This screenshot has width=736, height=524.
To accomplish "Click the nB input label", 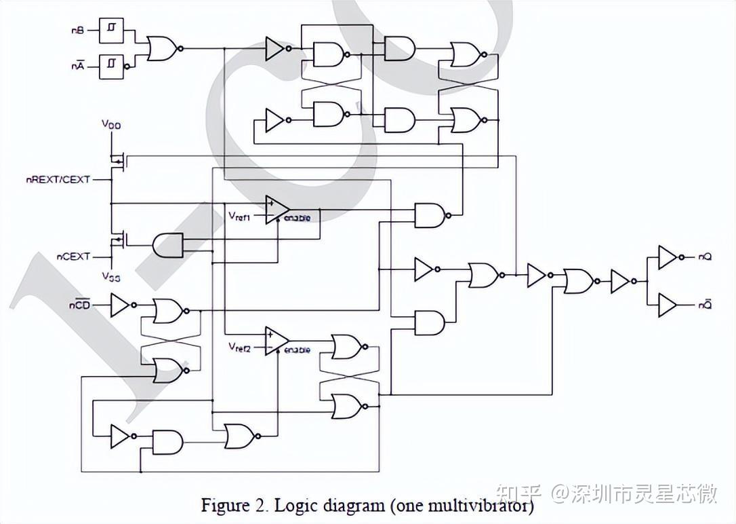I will click(77, 31).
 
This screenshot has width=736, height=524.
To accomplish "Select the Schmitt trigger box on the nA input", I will click(110, 66).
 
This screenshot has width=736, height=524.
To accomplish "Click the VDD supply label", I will click(110, 124).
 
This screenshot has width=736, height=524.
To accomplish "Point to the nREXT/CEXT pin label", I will click(58, 180).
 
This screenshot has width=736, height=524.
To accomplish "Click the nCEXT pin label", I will click(73, 257).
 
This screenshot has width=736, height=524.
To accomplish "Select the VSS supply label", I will click(110, 276).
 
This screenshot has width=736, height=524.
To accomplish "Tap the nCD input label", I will click(79, 305).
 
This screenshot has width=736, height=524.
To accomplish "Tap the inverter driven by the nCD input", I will click(119, 305).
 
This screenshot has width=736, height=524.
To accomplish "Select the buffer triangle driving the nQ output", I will click(667, 257).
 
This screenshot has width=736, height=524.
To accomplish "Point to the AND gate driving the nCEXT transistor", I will click(168, 245).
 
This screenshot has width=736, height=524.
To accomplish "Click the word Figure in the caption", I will click(221, 506).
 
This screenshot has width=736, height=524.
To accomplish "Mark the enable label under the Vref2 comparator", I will click(298, 350).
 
